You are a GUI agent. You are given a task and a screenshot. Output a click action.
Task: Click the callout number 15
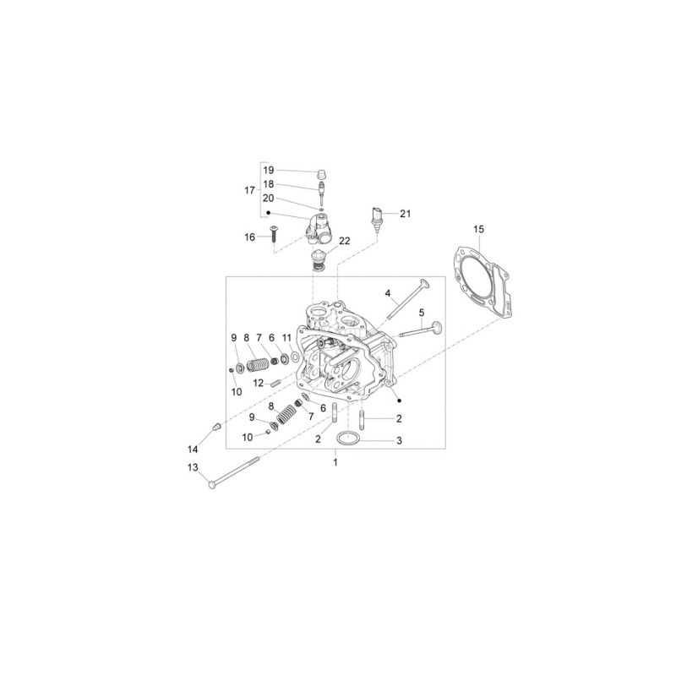[478, 229]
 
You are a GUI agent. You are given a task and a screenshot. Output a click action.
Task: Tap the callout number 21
[406, 214]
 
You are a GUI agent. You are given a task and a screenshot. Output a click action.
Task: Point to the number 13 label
[193, 467]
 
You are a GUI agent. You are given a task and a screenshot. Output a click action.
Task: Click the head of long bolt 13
[212, 485]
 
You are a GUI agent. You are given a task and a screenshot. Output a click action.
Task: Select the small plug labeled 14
[217, 428]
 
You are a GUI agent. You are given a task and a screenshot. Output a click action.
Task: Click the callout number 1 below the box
[335, 462]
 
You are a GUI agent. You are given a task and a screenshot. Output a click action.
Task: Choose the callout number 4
[388, 293]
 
